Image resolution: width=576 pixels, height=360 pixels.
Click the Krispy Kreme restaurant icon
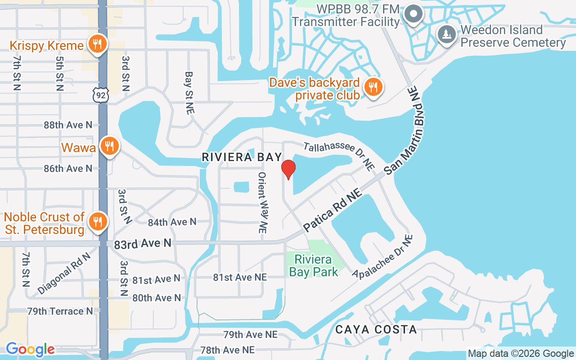tap(96, 45)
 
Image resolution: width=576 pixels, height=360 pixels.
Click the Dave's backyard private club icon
tap(373, 87)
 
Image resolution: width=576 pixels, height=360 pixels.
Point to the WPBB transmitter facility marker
tap(413, 14)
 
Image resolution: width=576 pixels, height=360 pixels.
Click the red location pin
tap(288, 169)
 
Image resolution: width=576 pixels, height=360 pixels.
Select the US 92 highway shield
tap(100, 94)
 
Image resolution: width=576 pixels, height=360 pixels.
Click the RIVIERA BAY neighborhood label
tap(242, 157)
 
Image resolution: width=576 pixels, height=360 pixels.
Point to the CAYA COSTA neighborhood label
tap(376, 329)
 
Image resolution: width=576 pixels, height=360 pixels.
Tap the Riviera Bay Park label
tap(314, 265)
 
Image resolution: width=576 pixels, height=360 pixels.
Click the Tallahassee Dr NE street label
tap(339, 156)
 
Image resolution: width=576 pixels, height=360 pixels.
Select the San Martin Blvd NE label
tap(405, 135)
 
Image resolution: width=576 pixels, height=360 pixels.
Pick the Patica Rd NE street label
tap(333, 211)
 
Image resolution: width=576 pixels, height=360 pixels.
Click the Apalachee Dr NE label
tap(383, 257)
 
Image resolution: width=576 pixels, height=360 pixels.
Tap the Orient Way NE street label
tap(262, 202)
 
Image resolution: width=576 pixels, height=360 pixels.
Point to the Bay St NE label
tap(189, 93)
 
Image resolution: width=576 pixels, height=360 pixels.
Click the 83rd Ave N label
tap(143, 243)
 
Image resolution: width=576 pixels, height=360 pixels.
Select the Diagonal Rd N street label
tap(64, 274)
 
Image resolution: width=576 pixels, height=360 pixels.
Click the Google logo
tap(30, 349)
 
